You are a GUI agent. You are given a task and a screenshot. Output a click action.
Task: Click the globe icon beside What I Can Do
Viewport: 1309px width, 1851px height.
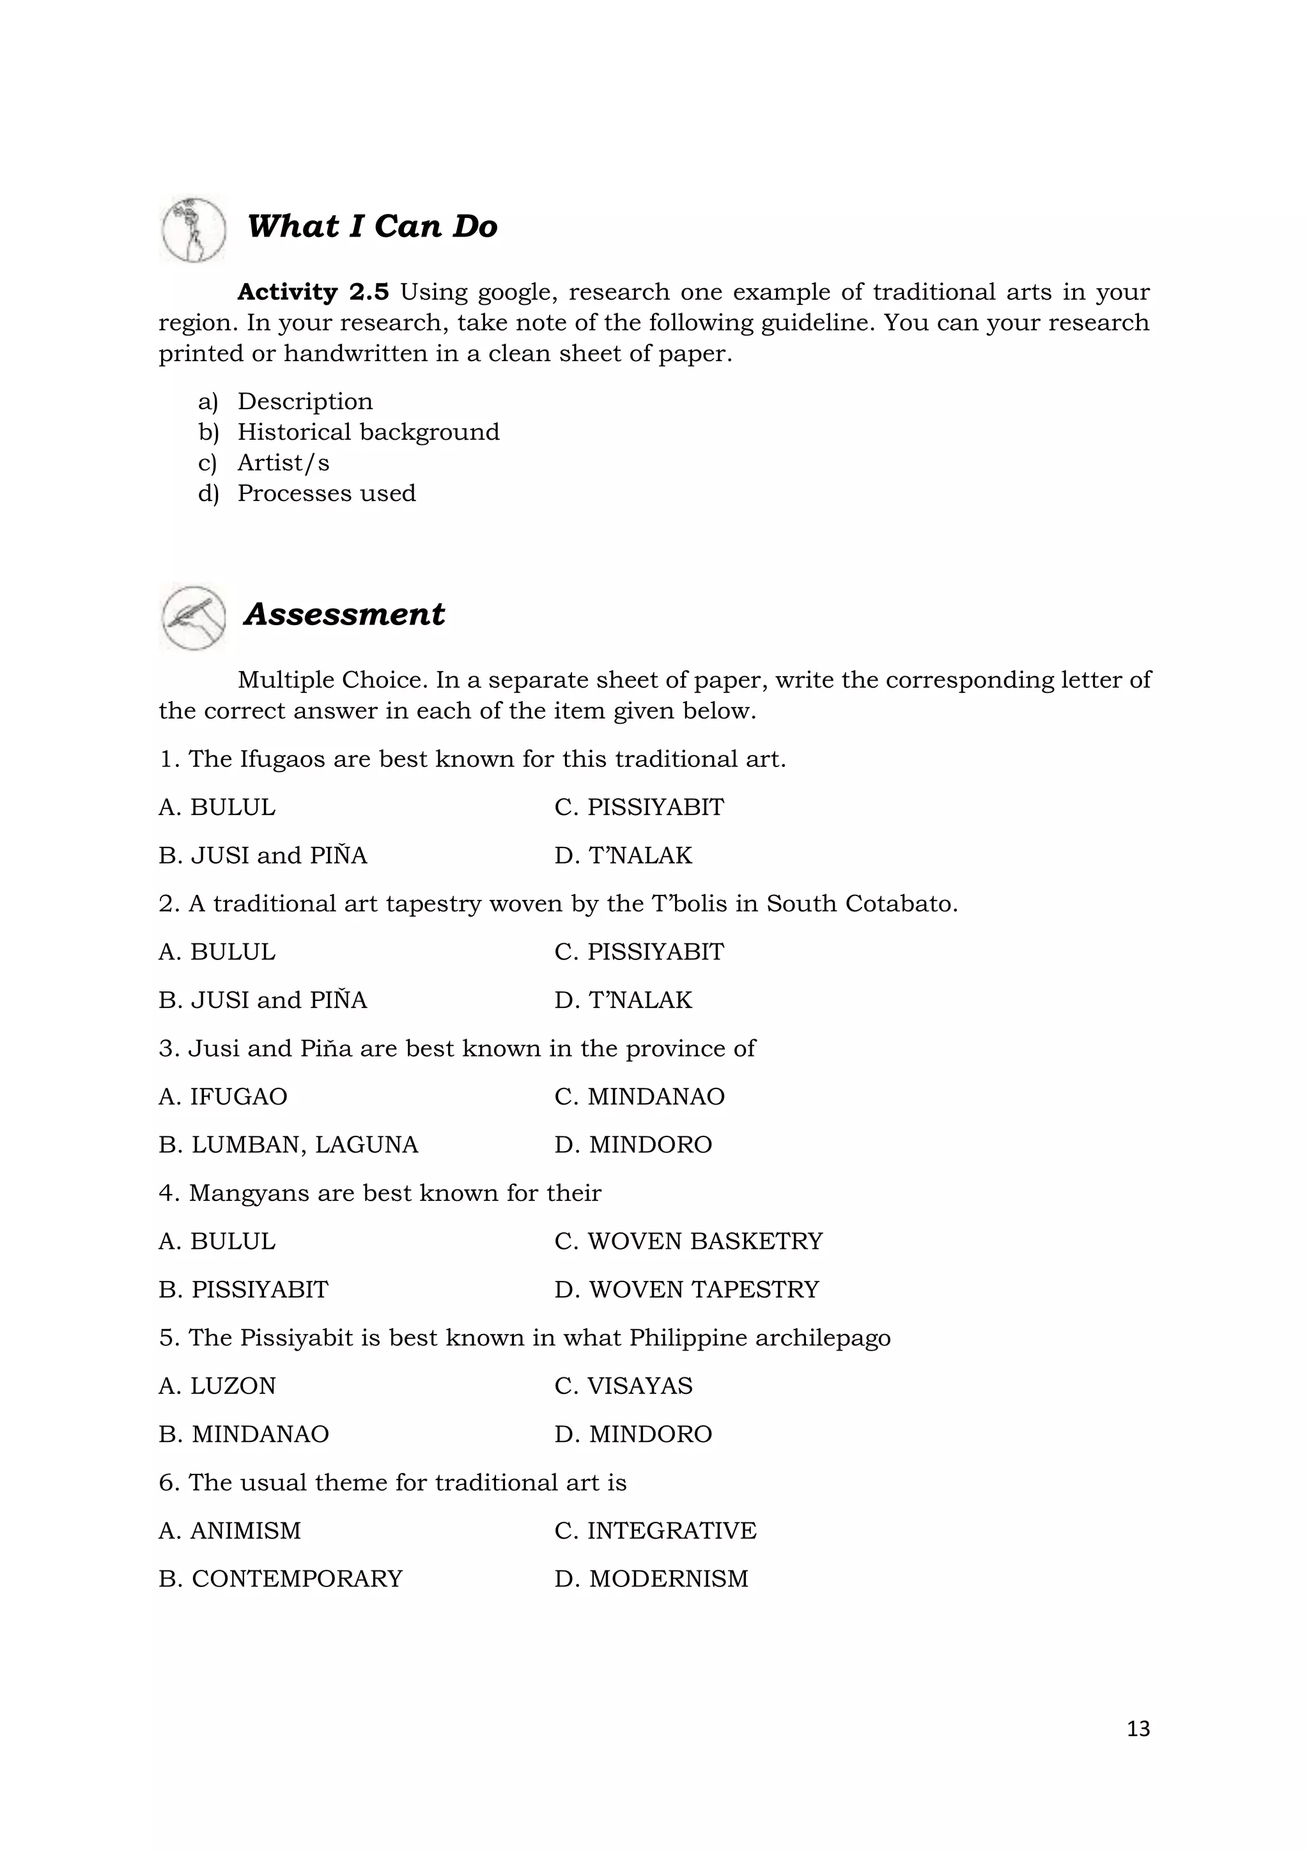(x=194, y=229)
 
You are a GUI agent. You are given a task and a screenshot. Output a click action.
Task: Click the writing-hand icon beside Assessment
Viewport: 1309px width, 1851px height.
(x=194, y=617)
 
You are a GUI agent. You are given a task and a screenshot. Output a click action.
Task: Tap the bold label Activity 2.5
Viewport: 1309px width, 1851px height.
(x=313, y=292)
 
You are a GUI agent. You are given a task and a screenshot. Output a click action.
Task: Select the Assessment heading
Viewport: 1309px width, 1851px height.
(x=344, y=614)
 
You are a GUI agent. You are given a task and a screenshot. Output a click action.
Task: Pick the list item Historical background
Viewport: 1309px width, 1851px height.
(x=368, y=432)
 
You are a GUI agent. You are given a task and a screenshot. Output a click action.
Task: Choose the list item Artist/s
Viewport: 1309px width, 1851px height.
(x=283, y=463)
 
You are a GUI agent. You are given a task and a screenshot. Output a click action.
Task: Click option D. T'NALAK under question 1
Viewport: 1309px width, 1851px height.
(x=623, y=855)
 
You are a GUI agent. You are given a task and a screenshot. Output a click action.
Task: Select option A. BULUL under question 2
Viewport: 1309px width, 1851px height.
(x=217, y=952)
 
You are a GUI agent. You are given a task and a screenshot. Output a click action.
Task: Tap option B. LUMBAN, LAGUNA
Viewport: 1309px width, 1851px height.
(x=288, y=1145)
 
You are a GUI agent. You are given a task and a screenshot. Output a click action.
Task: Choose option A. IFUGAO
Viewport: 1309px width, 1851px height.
(x=222, y=1096)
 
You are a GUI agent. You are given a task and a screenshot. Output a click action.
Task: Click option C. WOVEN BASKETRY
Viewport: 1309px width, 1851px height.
(x=688, y=1241)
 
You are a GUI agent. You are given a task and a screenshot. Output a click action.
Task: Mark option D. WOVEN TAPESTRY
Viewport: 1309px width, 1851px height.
(x=686, y=1290)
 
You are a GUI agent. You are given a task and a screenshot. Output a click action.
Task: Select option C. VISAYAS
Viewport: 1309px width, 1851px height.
(x=623, y=1386)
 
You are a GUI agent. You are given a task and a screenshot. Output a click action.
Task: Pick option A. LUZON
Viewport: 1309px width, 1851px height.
(x=217, y=1386)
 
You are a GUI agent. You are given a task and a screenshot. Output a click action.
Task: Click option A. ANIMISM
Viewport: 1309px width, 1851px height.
(x=229, y=1531)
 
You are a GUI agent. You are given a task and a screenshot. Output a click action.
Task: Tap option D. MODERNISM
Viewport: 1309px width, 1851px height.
(x=651, y=1579)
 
